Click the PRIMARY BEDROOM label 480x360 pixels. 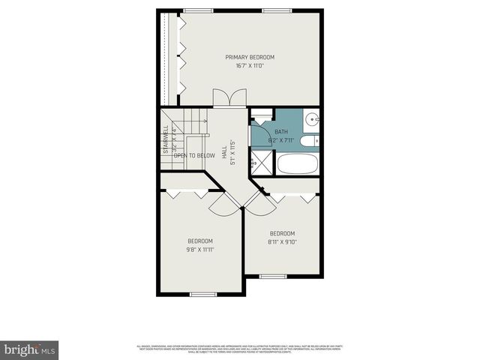click(x=250, y=57)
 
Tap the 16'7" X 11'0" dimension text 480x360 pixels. click(x=250, y=66)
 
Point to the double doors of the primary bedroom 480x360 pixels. click(x=229, y=98)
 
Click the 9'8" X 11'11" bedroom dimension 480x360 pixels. click(x=201, y=249)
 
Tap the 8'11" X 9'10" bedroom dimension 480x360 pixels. click(x=282, y=241)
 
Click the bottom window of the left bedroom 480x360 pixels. click(x=202, y=294)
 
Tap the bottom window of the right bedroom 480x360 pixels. click(x=272, y=277)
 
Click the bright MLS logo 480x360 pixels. click(x=29, y=349)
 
